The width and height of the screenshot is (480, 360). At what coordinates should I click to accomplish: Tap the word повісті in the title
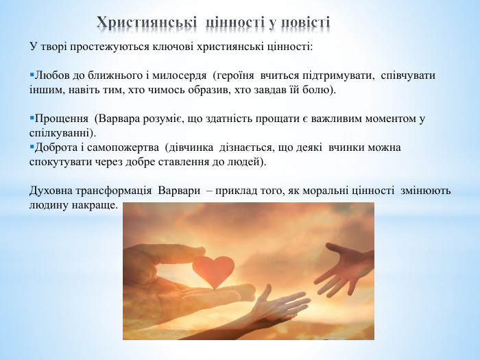305,22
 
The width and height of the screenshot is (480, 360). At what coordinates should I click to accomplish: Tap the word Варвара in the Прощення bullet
123,119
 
